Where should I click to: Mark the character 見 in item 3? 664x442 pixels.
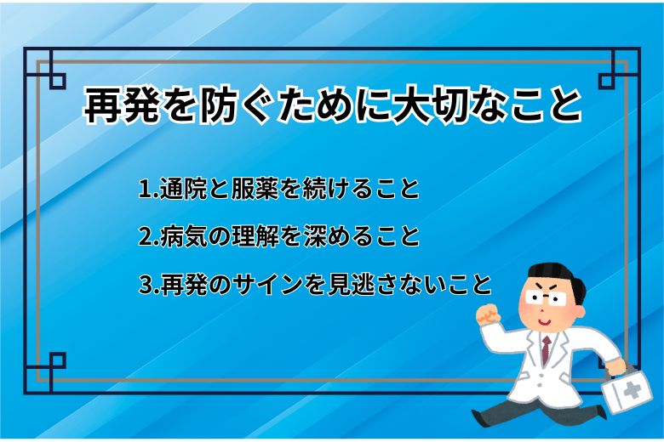[x=346, y=284]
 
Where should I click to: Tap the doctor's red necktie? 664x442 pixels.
[x=546, y=348]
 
